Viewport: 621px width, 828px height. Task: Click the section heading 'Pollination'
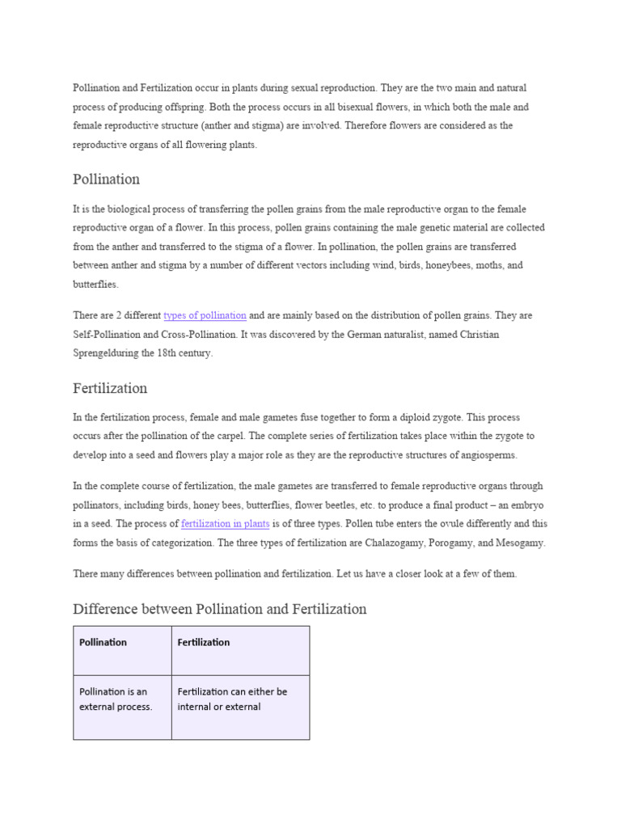click(106, 180)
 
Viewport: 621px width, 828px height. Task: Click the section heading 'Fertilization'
click(110, 388)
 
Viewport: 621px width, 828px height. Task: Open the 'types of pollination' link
click(205, 315)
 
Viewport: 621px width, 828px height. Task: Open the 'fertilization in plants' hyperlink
click(226, 524)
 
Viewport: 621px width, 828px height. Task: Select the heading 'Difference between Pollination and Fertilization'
click(219, 609)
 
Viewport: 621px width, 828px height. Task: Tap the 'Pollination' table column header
click(103, 643)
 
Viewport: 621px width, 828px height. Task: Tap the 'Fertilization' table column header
click(203, 643)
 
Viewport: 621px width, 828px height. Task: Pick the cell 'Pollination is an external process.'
click(116, 699)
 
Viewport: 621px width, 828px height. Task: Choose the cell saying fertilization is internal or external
click(232, 699)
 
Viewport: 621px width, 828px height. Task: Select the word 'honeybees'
click(432, 265)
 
